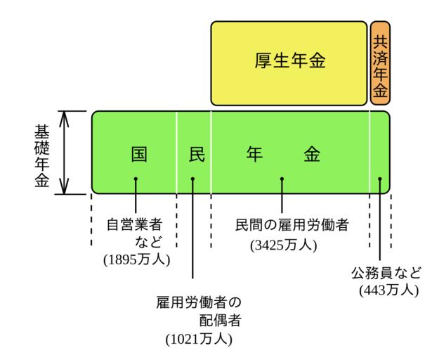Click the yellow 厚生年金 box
click(x=289, y=63)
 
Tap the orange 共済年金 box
click(x=380, y=63)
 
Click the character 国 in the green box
click(x=139, y=155)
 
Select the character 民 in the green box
click(x=197, y=155)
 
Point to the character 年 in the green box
click(x=254, y=155)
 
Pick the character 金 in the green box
click(x=312, y=155)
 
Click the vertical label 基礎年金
click(x=41, y=153)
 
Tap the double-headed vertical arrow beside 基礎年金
click(x=65, y=152)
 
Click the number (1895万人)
click(x=138, y=259)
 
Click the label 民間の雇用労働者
click(x=292, y=226)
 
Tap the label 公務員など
click(x=386, y=271)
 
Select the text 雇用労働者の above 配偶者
click(x=199, y=303)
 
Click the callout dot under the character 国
click(x=136, y=179)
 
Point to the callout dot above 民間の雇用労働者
click(x=282, y=179)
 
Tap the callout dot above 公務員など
click(x=380, y=179)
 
